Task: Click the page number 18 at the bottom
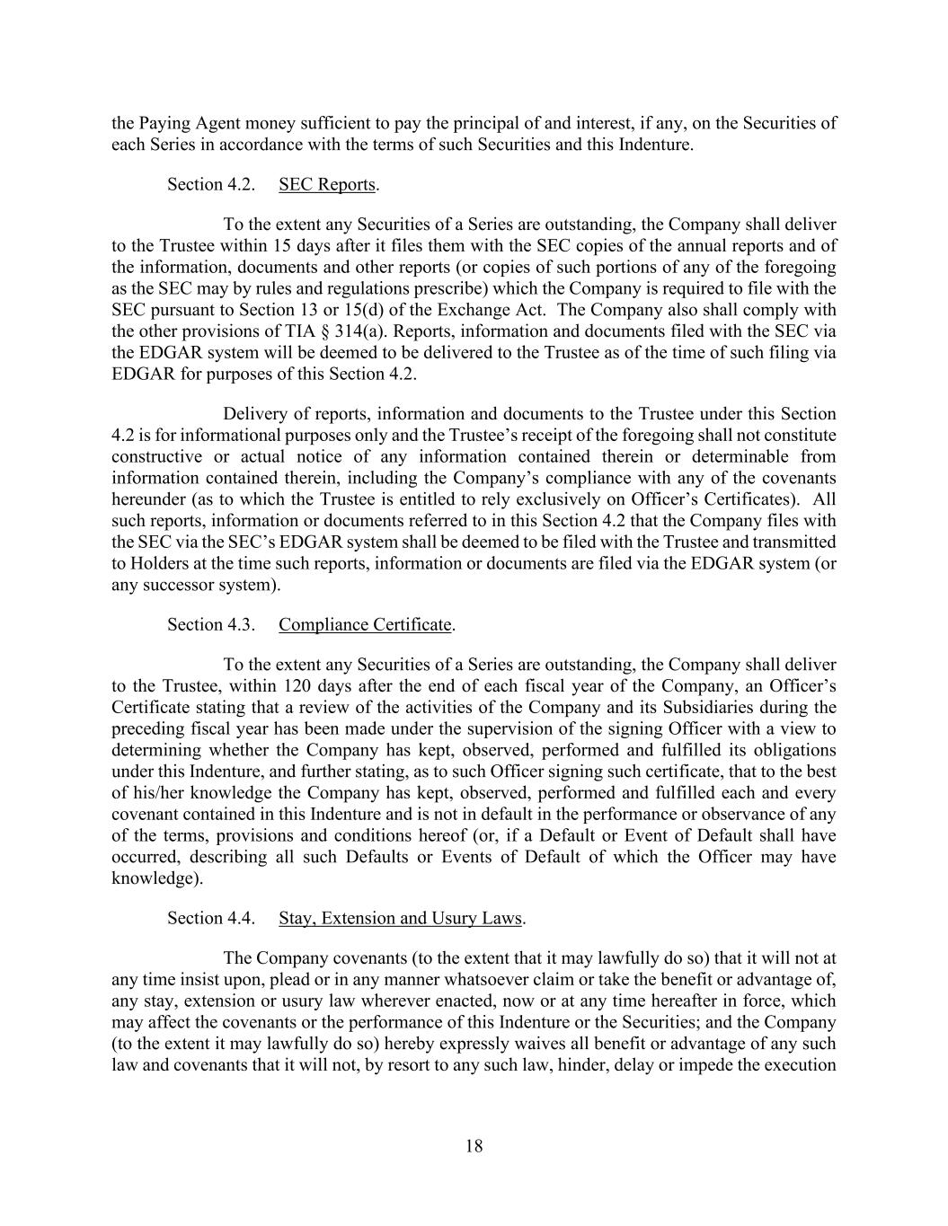474,1146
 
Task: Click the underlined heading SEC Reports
326,184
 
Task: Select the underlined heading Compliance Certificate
365,624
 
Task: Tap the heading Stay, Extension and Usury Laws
400,918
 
